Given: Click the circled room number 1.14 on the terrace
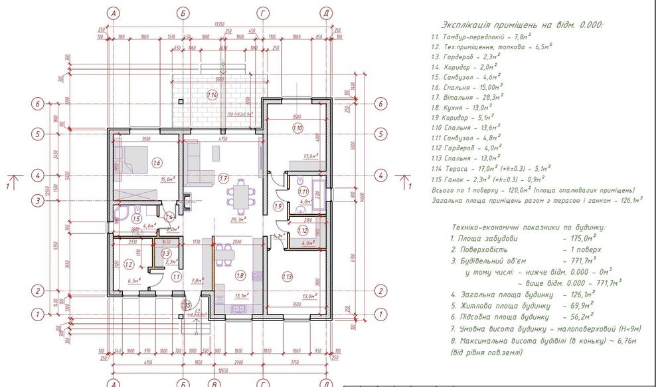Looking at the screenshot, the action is click(212, 95).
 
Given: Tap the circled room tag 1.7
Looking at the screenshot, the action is click(224, 178).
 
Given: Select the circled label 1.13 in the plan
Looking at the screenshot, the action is click(287, 276).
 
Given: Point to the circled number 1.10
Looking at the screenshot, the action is click(297, 128).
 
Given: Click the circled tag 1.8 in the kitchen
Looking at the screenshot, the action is click(241, 274).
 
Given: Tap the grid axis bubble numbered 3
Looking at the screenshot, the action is click(39, 199).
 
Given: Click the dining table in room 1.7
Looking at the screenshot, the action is click(239, 194).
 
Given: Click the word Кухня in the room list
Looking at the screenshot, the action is click(456, 106).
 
